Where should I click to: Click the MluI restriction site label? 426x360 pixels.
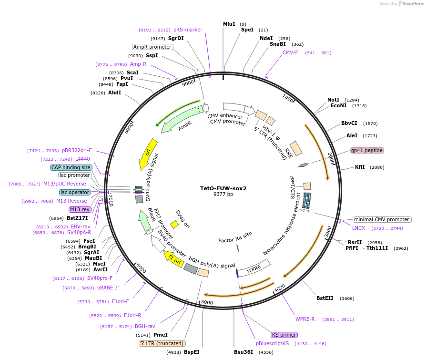pyautogui.click(x=229, y=24)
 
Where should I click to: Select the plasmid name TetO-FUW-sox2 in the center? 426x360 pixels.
pyautogui.click(x=223, y=188)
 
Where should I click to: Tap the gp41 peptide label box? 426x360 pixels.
pyautogui.click(x=366, y=150)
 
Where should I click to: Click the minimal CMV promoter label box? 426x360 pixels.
pyautogui.click(x=382, y=219)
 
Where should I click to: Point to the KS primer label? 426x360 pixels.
pyautogui.click(x=284, y=335)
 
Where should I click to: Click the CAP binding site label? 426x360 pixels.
pyautogui.click(x=71, y=167)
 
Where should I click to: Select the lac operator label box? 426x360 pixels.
pyautogui.click(x=75, y=192)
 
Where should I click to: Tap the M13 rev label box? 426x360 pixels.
pyautogui.click(x=80, y=209)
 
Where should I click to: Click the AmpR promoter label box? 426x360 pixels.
pyautogui.click(x=152, y=47)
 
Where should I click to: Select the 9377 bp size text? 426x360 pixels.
pyautogui.click(x=223, y=195)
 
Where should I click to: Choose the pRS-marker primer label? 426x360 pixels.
pyautogui.click(x=188, y=30)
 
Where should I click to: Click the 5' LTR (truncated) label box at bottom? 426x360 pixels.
pyautogui.click(x=162, y=343)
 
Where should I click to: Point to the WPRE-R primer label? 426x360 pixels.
pyautogui.click(x=305, y=319)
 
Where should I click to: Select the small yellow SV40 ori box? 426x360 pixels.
pyautogui.click(x=174, y=224)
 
